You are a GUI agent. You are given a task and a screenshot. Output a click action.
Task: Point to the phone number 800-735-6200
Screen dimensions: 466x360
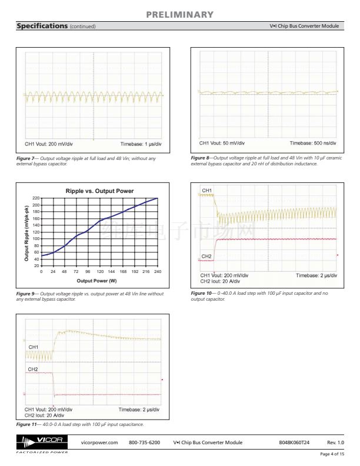point(144,442)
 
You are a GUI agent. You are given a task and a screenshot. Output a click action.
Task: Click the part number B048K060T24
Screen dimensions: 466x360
point(294,442)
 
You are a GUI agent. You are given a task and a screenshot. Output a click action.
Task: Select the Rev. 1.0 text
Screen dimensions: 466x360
point(335,442)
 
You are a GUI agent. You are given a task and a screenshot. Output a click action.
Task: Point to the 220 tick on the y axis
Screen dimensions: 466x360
point(36,198)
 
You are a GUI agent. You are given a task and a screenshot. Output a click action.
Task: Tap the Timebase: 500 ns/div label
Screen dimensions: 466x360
point(314,142)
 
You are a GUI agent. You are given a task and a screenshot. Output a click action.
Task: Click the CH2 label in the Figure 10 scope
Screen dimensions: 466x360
point(206,257)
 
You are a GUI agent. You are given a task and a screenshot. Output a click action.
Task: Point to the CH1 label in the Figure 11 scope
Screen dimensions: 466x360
point(34,348)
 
